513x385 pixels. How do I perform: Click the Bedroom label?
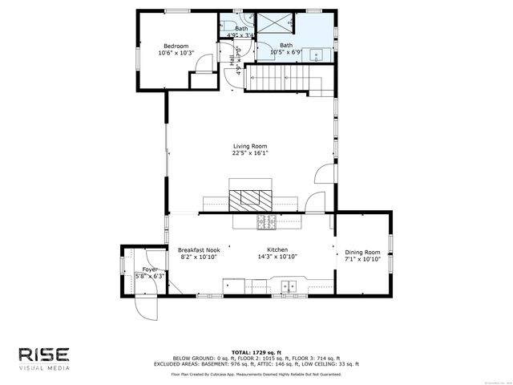point(176,46)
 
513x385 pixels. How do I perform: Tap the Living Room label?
point(250,146)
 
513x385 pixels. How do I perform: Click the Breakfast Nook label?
point(199,250)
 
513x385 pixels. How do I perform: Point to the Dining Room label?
point(362,251)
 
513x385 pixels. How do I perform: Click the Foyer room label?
point(150,269)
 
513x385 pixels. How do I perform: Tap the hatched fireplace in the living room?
point(252,200)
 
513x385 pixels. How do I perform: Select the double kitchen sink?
point(289,285)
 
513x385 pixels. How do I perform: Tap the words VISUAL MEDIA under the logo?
point(46,369)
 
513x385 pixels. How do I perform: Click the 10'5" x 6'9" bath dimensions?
point(286,53)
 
